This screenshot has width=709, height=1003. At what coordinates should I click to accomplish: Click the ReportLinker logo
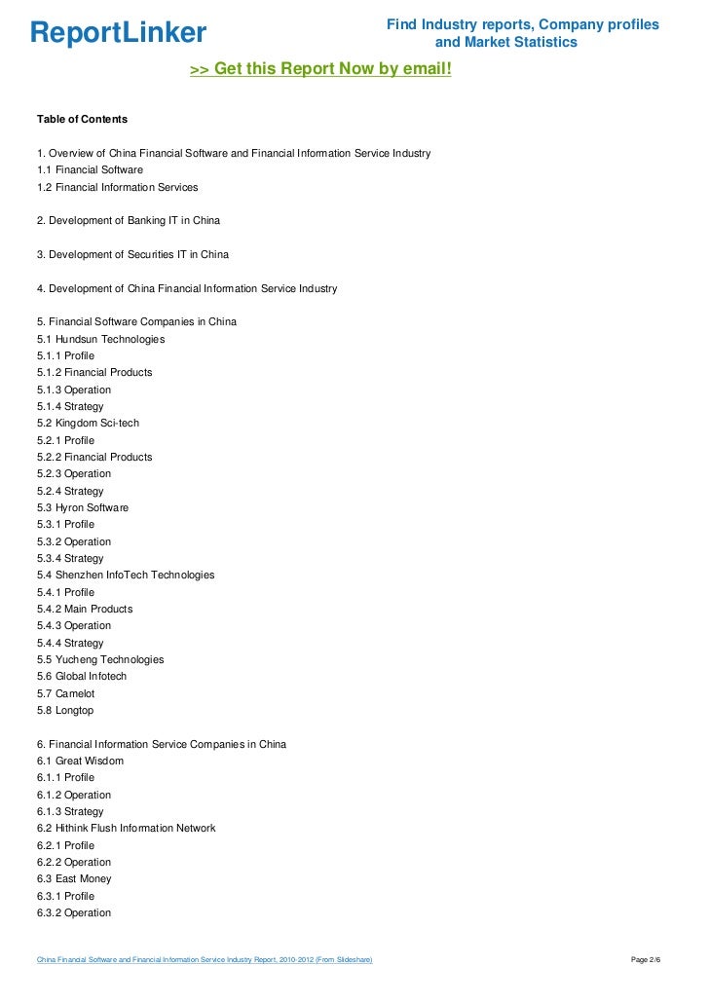pyautogui.click(x=118, y=34)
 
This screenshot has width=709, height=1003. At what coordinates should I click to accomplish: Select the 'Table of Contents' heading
pyautogui.click(x=82, y=120)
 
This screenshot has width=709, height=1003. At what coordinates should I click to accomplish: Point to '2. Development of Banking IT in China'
pyautogui.click(x=129, y=221)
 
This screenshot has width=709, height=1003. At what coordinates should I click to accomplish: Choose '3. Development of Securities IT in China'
pyautogui.click(x=132, y=255)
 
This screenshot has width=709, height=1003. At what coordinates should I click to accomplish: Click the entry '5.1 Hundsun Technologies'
pyautogui.click(x=100, y=339)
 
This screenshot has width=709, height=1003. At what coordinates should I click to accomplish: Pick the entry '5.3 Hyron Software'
pyautogui.click(x=83, y=508)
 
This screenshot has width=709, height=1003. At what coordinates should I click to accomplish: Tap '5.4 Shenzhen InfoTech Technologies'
pyautogui.click(x=126, y=576)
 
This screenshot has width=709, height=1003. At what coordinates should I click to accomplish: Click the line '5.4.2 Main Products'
pyautogui.click(x=85, y=610)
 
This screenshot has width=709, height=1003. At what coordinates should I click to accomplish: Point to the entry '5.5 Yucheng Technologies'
pyautogui.click(x=100, y=660)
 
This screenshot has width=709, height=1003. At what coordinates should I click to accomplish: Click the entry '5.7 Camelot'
pyautogui.click(x=66, y=694)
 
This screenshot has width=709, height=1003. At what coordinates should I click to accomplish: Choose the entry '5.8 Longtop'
pyautogui.click(x=66, y=711)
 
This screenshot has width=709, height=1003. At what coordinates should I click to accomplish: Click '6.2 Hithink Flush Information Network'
pyautogui.click(x=127, y=829)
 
